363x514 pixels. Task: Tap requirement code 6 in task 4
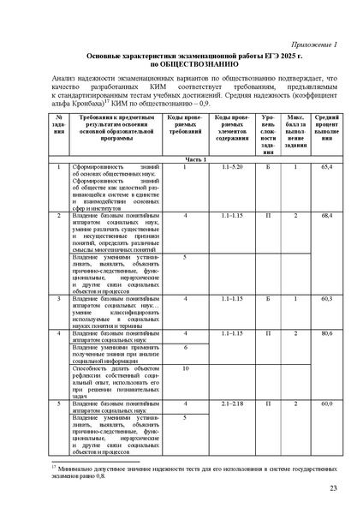click(x=184, y=346)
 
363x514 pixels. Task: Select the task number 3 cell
click(x=58, y=298)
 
